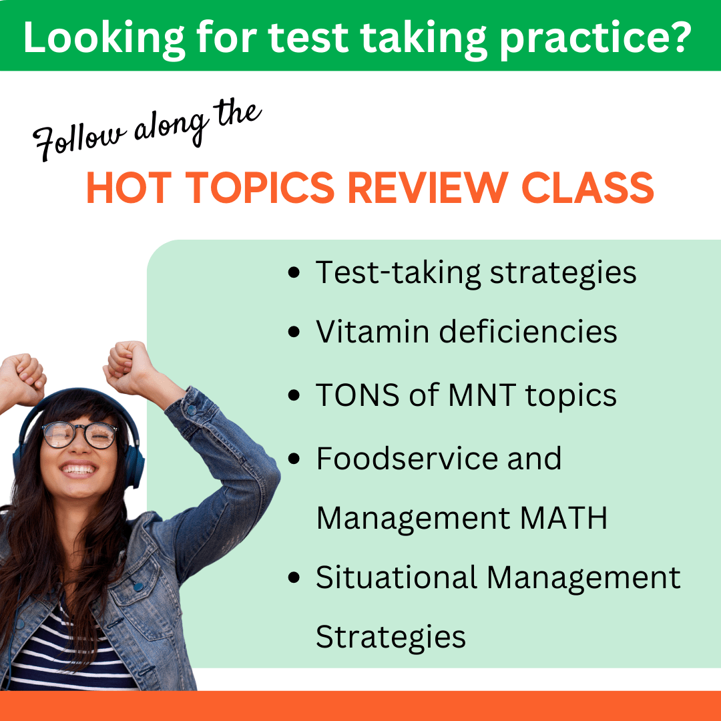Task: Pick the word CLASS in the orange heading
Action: pos(587,188)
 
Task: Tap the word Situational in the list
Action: pos(396,577)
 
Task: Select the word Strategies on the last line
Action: pos(391,637)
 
